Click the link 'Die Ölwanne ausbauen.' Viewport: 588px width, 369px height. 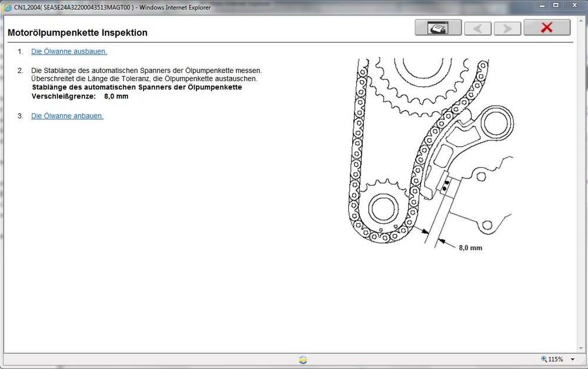coord(69,51)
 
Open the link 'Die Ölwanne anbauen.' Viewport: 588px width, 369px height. coord(67,116)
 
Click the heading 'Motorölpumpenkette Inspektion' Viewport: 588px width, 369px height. coord(78,33)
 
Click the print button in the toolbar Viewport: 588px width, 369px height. coord(438,28)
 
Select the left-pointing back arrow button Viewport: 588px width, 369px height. coord(477,28)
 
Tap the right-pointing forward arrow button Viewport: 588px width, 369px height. coord(507,28)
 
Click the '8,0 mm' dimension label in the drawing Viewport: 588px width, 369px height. coord(470,248)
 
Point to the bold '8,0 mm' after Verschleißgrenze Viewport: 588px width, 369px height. coord(116,96)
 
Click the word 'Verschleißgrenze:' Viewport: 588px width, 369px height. coord(64,96)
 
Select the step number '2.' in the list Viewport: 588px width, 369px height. coord(21,71)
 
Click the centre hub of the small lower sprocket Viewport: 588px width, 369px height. coord(382,208)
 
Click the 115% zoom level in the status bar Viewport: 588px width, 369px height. coord(554,359)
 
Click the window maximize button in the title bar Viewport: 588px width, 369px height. coord(556,5)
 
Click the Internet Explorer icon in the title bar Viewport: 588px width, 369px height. coord(8,7)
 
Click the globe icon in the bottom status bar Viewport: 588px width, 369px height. coord(303,360)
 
